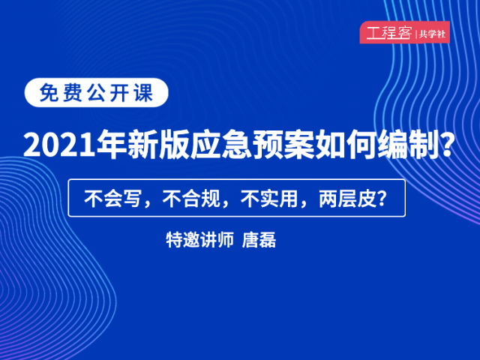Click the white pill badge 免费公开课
(97, 92)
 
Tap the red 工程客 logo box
(405, 32)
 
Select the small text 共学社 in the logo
(432, 34)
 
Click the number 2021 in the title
(59, 145)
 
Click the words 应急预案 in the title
(253, 145)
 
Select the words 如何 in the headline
(346, 145)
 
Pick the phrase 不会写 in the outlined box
(112, 199)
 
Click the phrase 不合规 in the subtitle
(190, 199)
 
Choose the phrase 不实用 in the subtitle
(269, 199)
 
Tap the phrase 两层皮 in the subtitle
(347, 199)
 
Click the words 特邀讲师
(200, 240)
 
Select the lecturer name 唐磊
(259, 240)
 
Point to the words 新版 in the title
(158, 145)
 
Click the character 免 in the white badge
(49, 92)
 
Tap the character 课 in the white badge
(143, 92)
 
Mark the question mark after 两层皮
(381, 199)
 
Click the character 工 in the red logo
(373, 33)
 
